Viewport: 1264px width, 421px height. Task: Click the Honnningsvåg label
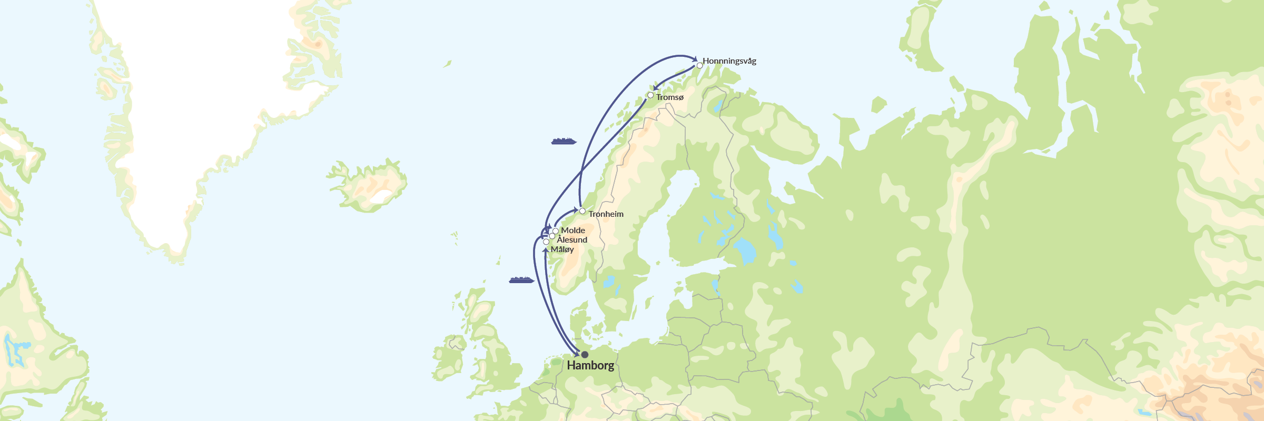click(x=729, y=61)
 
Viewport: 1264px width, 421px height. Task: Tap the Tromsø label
click(x=669, y=97)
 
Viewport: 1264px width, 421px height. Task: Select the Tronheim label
click(x=606, y=214)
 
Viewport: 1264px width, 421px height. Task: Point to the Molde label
click(x=573, y=230)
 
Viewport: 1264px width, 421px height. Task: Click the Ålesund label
click(x=572, y=240)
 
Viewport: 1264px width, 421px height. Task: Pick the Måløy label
click(x=562, y=249)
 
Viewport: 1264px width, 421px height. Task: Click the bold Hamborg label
click(x=590, y=366)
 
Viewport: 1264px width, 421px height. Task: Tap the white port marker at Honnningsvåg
click(x=699, y=66)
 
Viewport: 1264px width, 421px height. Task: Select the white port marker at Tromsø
click(x=650, y=95)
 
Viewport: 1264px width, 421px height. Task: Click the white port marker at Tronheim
click(x=582, y=211)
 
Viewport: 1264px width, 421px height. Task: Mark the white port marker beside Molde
click(x=556, y=231)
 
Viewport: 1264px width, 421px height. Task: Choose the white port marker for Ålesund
click(x=552, y=236)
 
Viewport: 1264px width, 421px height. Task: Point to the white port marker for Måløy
click(x=546, y=242)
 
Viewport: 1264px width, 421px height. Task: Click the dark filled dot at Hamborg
click(x=585, y=355)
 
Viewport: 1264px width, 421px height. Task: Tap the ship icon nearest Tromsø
click(x=564, y=141)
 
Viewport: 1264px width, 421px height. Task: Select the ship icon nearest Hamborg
click(x=521, y=280)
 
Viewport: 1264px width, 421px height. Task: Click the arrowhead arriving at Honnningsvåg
click(x=695, y=59)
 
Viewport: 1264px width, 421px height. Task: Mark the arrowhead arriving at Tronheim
click(x=576, y=210)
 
